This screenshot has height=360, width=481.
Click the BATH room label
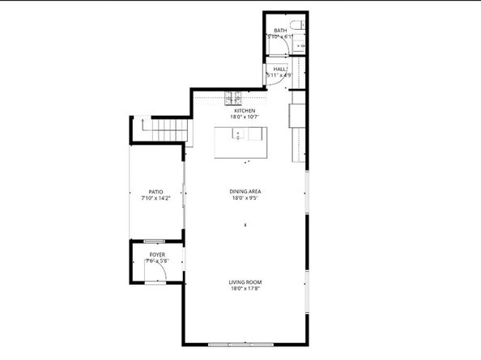(280, 31)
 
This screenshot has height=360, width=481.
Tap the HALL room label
(280, 70)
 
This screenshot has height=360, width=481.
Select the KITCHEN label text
(245, 111)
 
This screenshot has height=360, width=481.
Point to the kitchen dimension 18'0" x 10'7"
(245, 117)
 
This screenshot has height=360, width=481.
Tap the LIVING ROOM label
(246, 282)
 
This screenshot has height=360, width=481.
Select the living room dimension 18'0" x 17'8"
(246, 289)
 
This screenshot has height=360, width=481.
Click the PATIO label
(155, 192)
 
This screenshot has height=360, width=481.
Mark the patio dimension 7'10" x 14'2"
(155, 198)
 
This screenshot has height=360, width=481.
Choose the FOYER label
(156, 254)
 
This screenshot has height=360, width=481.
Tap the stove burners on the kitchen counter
(233, 100)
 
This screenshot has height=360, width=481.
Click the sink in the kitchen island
(238, 134)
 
